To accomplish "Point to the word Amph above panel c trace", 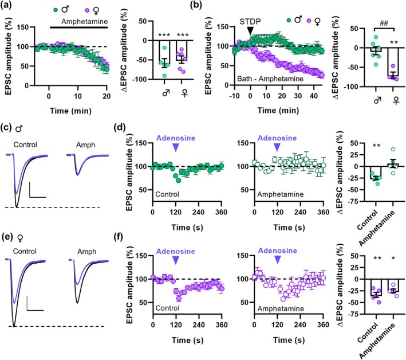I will [x=83, y=146].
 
